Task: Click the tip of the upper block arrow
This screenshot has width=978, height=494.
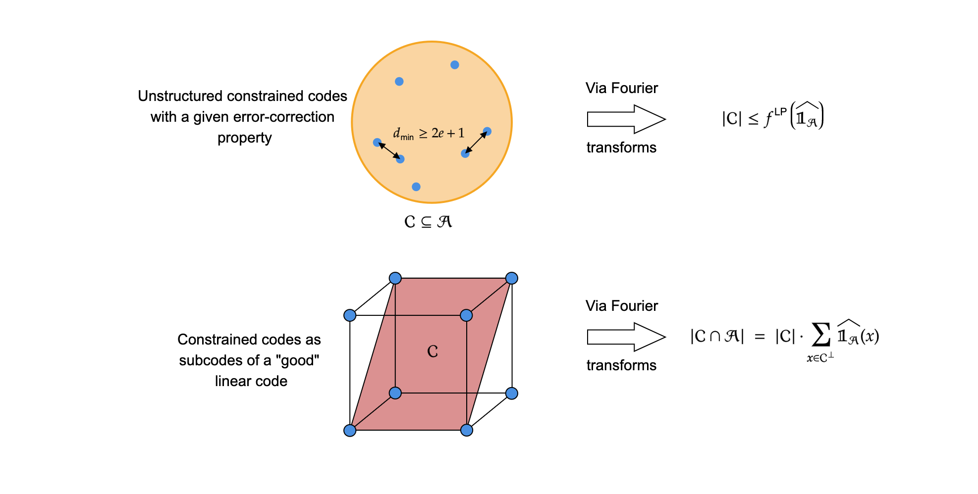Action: coord(665,119)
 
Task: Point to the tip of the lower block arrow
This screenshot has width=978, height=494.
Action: coord(665,337)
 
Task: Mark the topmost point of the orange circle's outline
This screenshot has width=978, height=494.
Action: coord(432,42)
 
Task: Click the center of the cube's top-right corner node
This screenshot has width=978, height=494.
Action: coord(512,278)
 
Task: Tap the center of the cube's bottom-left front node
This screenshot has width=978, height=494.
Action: coord(350,430)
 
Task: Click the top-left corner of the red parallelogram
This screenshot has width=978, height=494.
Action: coord(395,278)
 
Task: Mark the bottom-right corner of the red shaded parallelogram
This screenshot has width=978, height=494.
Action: coord(467,430)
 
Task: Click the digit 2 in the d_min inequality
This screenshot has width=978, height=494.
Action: coord(435,133)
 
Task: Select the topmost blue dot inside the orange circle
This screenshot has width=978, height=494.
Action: coord(455,65)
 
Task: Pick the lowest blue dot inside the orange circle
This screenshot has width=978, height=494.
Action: coord(416,187)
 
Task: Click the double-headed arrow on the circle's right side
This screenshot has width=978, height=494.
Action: coord(476,143)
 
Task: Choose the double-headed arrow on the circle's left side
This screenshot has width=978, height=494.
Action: coord(389,151)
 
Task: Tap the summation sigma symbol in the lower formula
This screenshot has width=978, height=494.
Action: coord(820,335)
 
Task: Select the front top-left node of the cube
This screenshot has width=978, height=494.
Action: coord(350,315)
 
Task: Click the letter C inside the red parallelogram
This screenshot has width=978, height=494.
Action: coord(433,351)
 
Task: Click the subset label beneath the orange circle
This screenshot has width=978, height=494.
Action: coord(428,221)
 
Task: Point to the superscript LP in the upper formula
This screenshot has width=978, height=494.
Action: coord(780,112)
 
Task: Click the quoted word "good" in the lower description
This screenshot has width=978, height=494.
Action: coord(300,360)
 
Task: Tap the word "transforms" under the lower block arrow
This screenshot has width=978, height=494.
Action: coord(621,365)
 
